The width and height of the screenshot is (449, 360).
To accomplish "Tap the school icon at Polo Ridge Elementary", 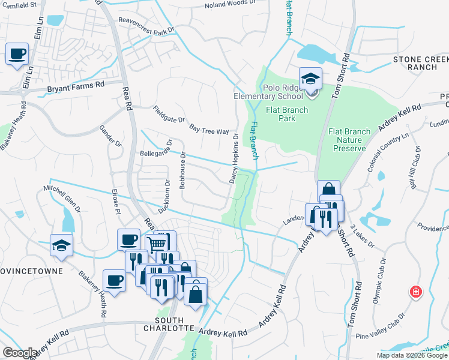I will (310, 79).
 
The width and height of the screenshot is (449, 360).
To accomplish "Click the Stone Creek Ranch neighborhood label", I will (420, 63).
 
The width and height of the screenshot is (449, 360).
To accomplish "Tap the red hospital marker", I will (414, 292).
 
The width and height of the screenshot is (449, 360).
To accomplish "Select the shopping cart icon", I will (157, 243).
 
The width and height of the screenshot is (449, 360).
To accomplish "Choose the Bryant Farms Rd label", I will (76, 87).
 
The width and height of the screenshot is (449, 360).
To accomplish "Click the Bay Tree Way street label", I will (209, 130).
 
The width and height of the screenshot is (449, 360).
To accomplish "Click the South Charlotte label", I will (169, 328).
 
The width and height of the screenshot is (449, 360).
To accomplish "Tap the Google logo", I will (19, 353).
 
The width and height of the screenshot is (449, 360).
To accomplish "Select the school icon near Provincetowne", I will (61, 245).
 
